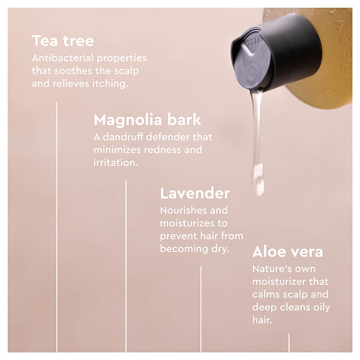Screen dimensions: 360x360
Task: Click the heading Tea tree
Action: click(63, 41)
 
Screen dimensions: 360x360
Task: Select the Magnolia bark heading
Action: click(147, 120)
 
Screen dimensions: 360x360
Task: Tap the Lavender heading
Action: click(194, 193)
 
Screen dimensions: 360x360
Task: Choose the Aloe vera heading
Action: click(287, 252)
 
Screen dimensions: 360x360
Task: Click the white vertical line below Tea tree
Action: click(57, 226)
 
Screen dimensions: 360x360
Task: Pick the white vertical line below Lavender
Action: click(201, 309)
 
